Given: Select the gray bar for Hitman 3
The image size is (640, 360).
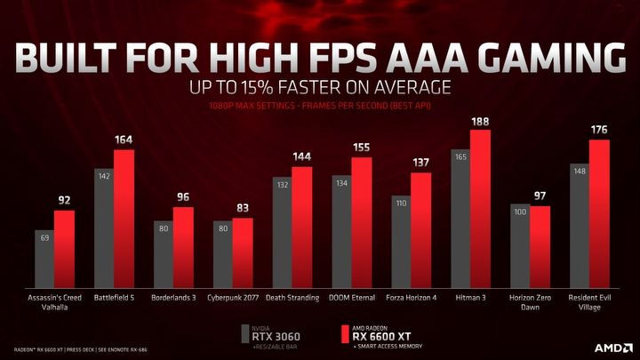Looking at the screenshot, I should [460, 222].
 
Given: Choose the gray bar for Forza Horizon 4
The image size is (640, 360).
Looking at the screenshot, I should [401, 239].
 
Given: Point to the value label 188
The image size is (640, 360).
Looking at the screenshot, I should [480, 122].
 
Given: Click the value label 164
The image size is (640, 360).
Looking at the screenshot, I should [124, 140].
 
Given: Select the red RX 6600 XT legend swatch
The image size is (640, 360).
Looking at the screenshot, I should [344, 336].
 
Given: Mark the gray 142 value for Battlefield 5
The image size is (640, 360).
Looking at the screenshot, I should [104, 177].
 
